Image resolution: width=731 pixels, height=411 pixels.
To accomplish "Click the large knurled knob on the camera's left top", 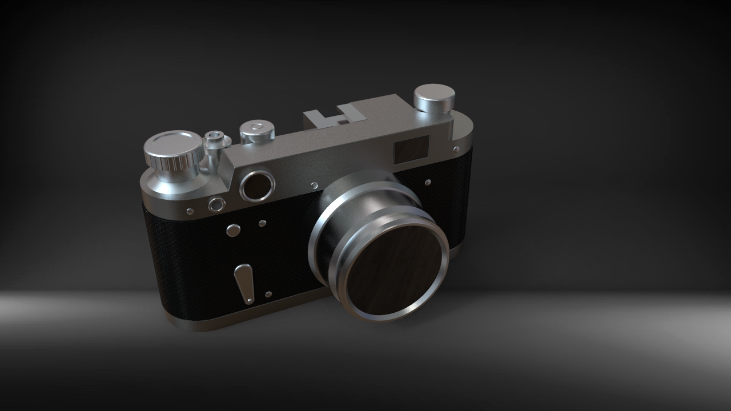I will [172, 146].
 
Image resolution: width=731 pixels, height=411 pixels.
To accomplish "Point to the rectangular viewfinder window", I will [411, 148].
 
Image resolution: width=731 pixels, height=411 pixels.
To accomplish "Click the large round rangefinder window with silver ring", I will [258, 186].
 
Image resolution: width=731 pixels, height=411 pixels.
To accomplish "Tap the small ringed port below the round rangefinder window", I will [216, 204].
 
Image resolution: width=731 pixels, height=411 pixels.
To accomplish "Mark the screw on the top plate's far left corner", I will [190, 212].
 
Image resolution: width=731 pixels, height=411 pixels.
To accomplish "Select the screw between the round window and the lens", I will [314, 186].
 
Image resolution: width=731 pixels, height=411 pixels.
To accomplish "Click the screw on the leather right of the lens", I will [428, 183].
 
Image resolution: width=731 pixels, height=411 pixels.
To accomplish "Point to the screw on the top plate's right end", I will [456, 150].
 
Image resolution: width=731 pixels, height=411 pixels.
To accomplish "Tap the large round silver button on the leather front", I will [233, 231].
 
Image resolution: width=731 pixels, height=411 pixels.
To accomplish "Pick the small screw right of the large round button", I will [262, 223].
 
